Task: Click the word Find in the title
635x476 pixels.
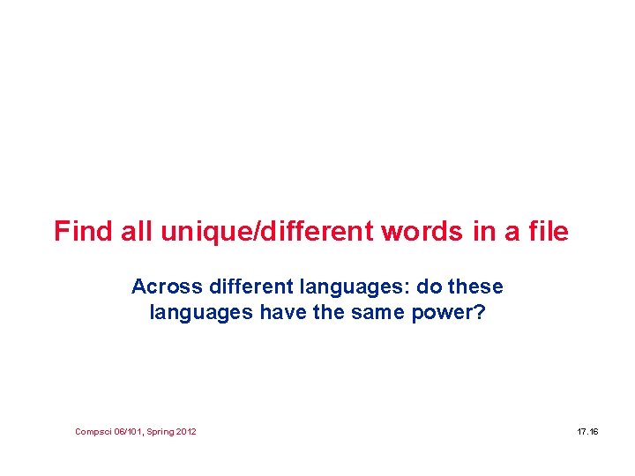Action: [80, 232]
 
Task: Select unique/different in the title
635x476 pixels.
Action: [267, 232]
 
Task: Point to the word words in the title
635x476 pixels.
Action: [422, 232]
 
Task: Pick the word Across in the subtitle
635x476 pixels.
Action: [164, 287]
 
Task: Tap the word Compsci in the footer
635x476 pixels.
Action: [93, 432]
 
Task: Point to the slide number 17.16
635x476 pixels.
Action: [587, 432]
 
